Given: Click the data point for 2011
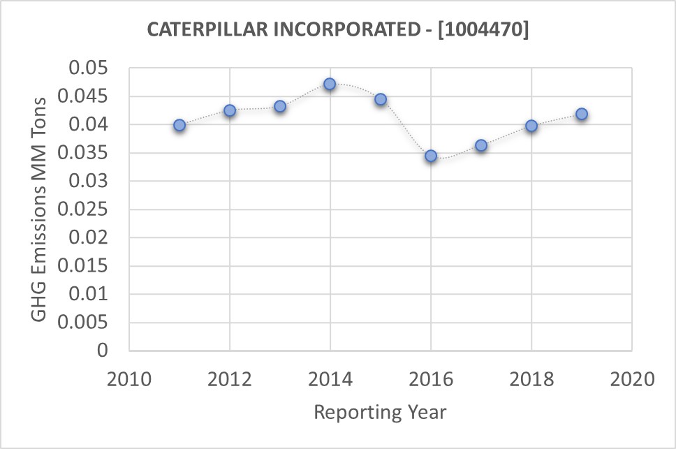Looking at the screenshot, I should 179,125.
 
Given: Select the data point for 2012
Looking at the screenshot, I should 230,110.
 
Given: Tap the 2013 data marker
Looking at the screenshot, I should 280,106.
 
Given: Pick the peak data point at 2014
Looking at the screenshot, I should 330,84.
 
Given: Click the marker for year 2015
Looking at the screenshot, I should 381,99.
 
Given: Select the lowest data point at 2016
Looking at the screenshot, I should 431,156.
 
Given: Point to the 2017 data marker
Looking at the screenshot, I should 481,145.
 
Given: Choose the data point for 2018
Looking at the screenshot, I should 531,126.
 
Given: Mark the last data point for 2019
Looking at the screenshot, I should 582,114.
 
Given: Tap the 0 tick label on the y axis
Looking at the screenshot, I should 103,351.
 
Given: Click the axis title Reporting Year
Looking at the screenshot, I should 380,412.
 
